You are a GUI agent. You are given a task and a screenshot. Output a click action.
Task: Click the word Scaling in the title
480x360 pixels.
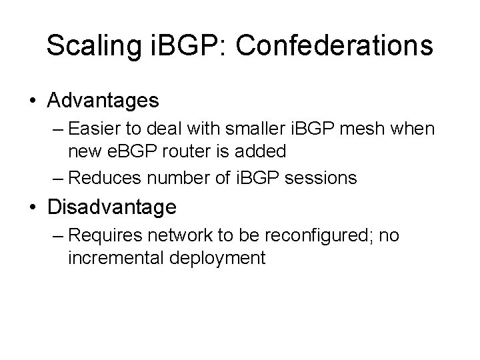[92, 46]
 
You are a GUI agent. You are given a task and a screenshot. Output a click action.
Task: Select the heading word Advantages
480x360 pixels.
[103, 101]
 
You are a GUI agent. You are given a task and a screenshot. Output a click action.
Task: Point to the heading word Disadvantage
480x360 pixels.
[112, 207]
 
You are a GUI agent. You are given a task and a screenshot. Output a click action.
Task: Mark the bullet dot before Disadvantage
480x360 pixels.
[33, 208]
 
